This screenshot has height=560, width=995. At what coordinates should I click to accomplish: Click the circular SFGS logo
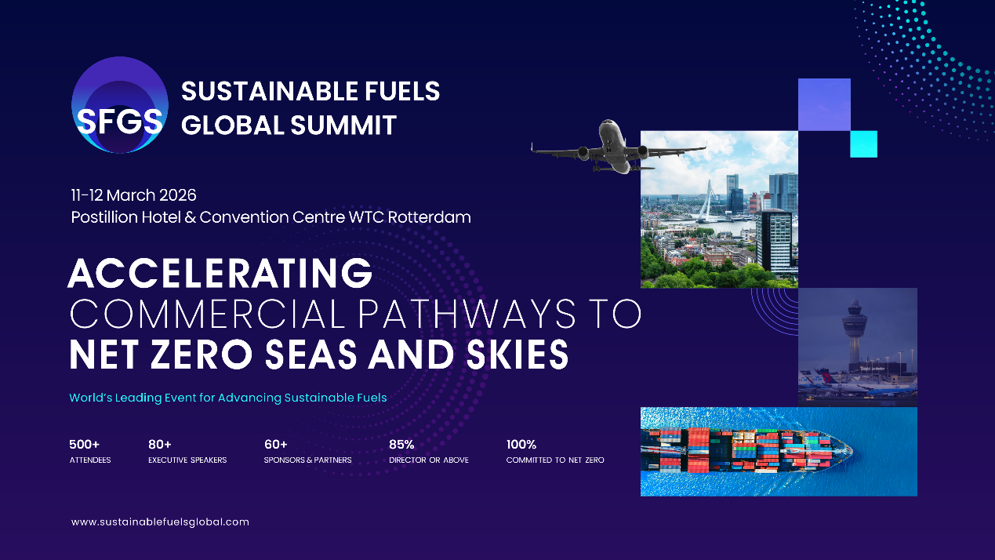120,105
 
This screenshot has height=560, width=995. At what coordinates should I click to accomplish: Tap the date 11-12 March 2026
134,195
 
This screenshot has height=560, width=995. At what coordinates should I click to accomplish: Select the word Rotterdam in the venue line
429,217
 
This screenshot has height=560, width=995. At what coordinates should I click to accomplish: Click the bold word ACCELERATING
220,274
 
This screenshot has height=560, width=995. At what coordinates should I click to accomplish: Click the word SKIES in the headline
517,355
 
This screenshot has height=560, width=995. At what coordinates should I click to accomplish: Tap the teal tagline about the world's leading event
228,398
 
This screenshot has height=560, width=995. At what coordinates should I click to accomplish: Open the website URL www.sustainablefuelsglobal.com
160,522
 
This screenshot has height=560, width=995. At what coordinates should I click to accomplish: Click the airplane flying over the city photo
619,147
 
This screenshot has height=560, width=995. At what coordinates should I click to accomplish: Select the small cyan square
863,144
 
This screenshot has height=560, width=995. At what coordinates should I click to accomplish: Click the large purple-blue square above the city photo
824,105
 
